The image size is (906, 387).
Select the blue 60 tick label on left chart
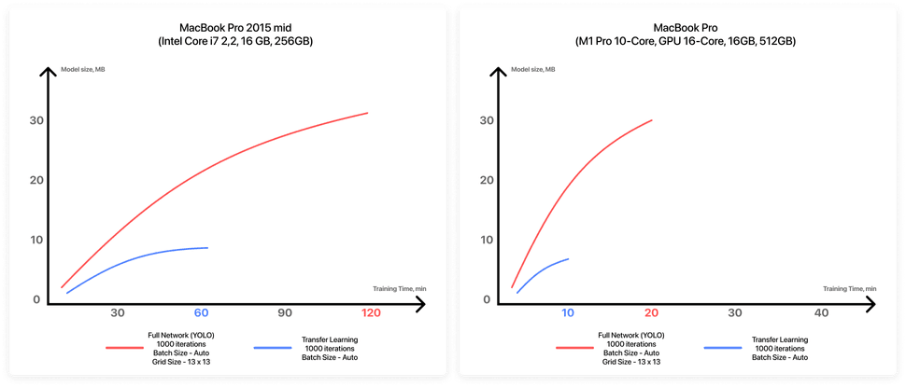[201, 312]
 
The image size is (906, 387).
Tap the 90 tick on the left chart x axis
[286, 312]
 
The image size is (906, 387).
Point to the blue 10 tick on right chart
[568, 312]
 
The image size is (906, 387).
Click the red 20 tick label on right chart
[652, 312]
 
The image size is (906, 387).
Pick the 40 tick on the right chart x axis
[822, 312]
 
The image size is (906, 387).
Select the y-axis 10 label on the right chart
[485, 240]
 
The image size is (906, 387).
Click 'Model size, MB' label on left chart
[83, 70]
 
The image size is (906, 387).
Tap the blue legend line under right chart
[728, 347]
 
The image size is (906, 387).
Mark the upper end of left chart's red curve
[368, 113]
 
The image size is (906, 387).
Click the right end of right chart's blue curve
[568, 258]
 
